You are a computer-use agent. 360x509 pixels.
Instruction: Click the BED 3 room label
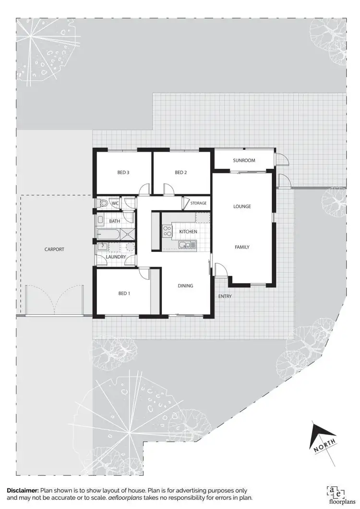(123, 173)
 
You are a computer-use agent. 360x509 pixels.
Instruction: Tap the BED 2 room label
(180, 173)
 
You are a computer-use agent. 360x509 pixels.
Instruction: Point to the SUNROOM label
(244, 160)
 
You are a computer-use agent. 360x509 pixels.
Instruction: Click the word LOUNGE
(242, 207)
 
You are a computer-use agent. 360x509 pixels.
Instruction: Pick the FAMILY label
(242, 247)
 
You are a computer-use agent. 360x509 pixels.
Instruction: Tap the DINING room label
(185, 286)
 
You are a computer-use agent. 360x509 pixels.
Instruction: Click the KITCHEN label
(188, 232)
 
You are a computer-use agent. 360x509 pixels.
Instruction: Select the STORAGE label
(198, 203)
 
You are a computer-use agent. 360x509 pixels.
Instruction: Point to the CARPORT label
(54, 249)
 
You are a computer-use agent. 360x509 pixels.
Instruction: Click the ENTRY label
(225, 296)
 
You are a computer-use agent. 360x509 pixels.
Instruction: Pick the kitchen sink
(185, 245)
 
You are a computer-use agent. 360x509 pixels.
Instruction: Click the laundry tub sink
(102, 247)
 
